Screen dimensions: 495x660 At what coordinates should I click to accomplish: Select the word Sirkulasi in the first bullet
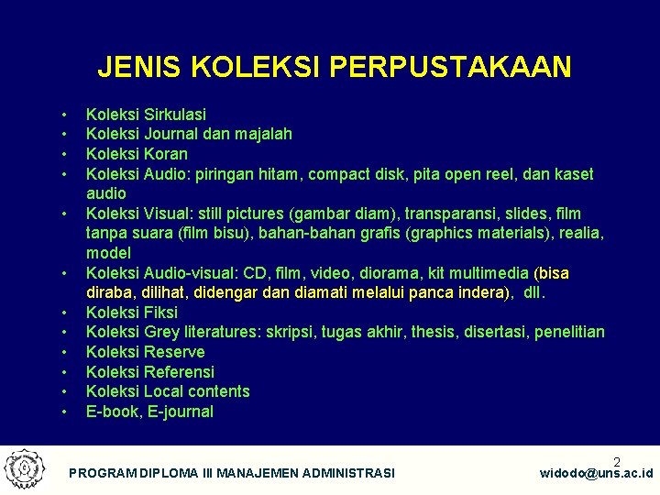click(174, 115)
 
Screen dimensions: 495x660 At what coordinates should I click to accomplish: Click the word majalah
click(262, 134)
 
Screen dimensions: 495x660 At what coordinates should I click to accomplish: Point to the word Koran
click(166, 154)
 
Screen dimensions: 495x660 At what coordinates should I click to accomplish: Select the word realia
click(577, 234)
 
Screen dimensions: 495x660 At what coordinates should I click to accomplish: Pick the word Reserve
click(174, 352)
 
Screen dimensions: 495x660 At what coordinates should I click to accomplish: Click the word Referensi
click(180, 372)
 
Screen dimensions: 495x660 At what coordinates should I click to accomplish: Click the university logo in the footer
click(24, 468)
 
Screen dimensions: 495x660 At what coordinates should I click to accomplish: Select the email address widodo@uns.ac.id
click(596, 473)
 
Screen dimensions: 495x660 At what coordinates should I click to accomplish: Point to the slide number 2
click(617, 462)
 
